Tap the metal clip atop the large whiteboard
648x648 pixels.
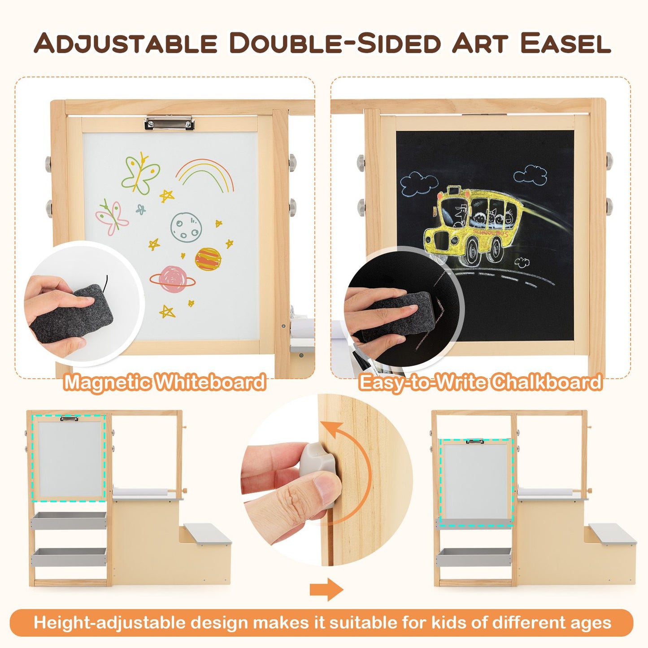[x=170, y=123]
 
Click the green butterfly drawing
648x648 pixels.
[x=140, y=173]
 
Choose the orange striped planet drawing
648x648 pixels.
[x=208, y=259]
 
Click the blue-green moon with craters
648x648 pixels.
[x=186, y=227]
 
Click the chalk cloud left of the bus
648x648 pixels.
[x=418, y=185]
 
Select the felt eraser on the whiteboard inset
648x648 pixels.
[x=72, y=313]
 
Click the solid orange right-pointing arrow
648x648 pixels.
[x=326, y=589]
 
